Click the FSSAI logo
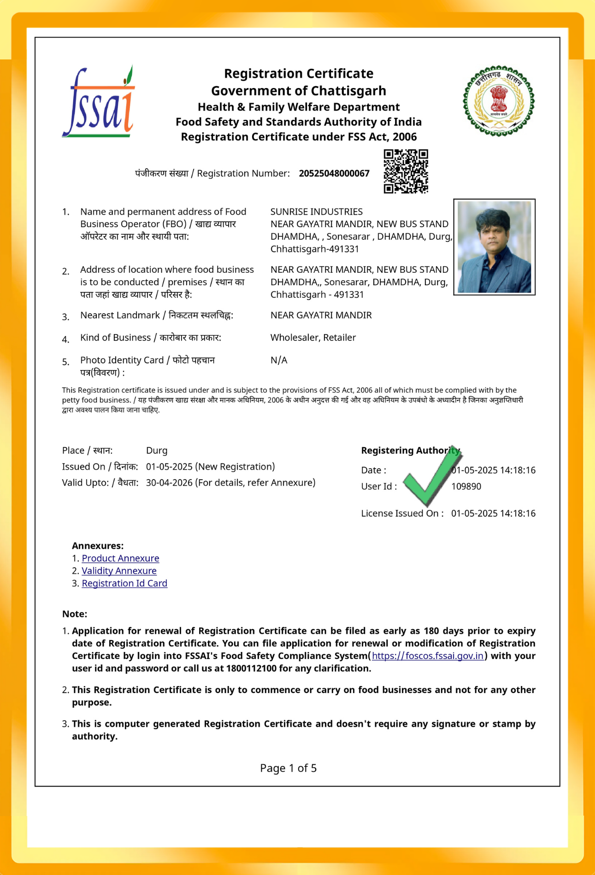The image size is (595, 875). (x=99, y=102)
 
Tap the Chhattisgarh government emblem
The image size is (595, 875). (x=499, y=101)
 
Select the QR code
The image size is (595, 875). (x=406, y=171)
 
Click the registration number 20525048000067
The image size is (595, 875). (x=334, y=174)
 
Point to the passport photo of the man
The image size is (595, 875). (x=494, y=247)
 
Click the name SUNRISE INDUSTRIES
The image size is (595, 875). (x=316, y=211)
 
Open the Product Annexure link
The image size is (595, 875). (x=120, y=558)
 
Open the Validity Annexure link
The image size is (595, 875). (x=119, y=571)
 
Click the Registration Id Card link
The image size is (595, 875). (x=124, y=583)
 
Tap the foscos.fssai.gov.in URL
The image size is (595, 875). (x=428, y=656)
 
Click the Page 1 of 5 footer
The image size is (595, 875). (x=288, y=768)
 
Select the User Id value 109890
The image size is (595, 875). (x=466, y=487)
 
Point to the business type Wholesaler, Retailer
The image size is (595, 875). (x=313, y=338)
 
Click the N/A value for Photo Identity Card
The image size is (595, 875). (x=279, y=360)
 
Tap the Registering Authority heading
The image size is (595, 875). (x=410, y=451)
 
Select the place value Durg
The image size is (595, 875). (x=157, y=451)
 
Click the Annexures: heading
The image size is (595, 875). (x=98, y=546)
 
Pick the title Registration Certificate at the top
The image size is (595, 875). (x=299, y=74)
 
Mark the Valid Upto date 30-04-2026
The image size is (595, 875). (x=169, y=483)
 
